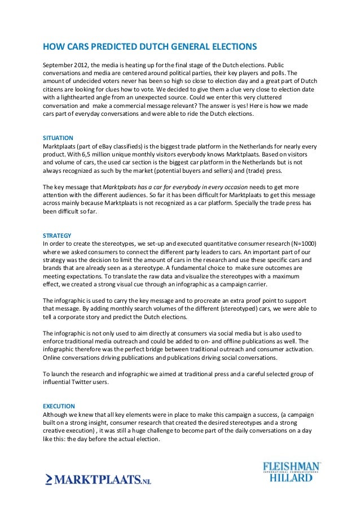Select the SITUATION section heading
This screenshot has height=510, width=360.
(x=59, y=137)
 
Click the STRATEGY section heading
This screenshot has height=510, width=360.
(x=58, y=235)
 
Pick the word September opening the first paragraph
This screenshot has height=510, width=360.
(x=59, y=64)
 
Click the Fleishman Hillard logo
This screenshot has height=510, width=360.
(x=291, y=471)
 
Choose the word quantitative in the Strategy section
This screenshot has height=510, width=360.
(x=207, y=243)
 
